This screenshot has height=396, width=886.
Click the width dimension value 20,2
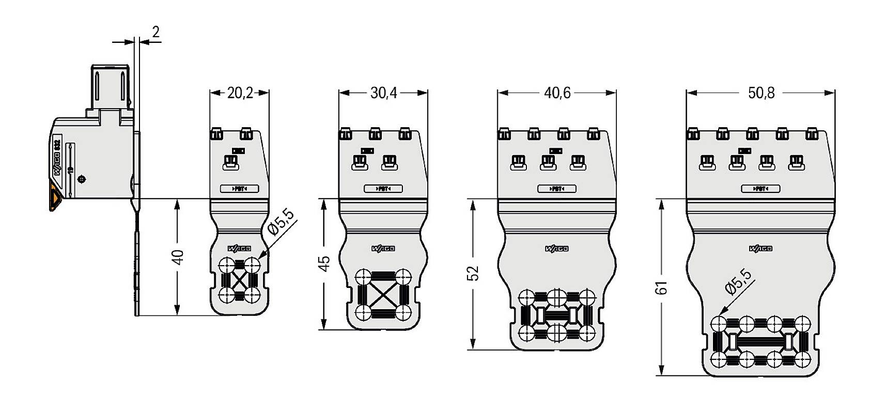coord(240,93)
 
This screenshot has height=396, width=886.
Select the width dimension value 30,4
coord(383,93)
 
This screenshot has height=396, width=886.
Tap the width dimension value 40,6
coord(557,93)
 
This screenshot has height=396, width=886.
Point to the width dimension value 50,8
coord(761,93)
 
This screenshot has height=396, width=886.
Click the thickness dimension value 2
coord(155,32)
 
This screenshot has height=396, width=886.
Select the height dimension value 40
coord(178,256)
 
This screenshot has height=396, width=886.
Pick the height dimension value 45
coord(324,263)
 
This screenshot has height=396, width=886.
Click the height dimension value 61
coord(662,287)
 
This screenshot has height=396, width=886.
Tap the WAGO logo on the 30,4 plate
coord(383,249)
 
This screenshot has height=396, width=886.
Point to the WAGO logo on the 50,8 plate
coord(760,249)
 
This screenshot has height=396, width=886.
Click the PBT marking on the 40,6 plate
coord(556,189)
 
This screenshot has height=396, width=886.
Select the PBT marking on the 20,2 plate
coord(239,189)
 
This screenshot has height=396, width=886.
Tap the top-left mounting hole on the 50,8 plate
coord(718,324)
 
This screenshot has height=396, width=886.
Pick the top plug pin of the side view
coord(110,85)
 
